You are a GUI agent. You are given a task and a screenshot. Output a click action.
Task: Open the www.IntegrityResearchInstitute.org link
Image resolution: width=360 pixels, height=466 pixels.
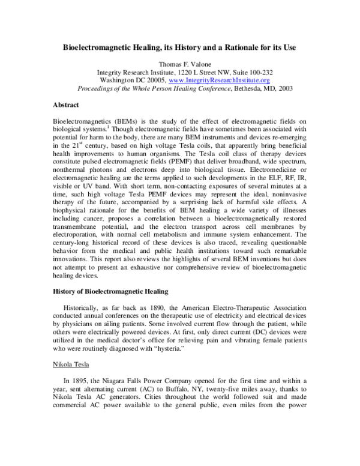tap(219, 80)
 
